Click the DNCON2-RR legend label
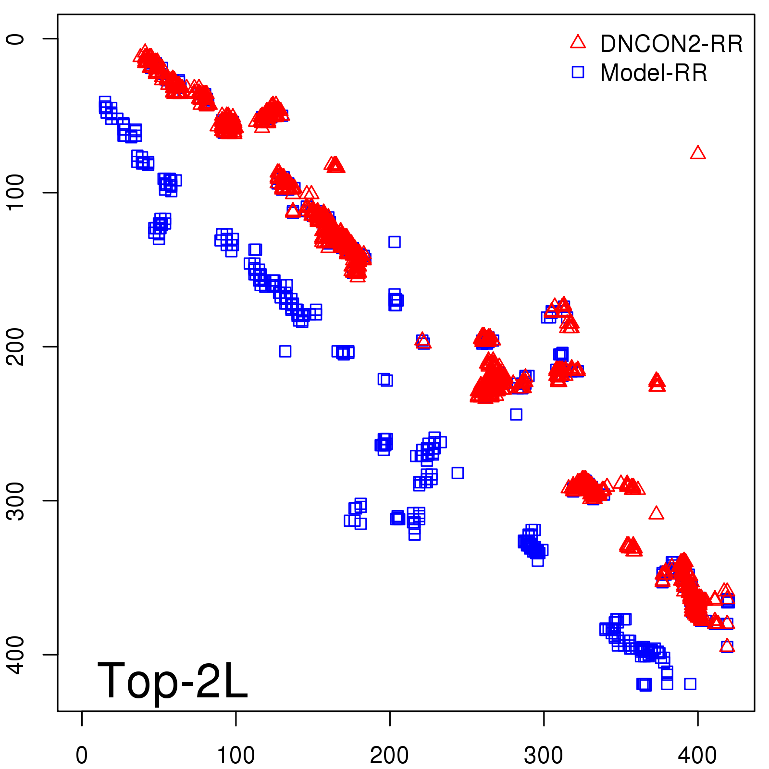coord(671,44)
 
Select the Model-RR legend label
coord(654,73)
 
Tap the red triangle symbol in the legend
coord(578,42)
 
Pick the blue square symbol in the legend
coord(578,72)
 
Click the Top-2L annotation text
coord(172,680)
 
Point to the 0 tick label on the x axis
coord(82,755)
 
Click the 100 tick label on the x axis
coord(236,755)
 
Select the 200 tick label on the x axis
coord(389,755)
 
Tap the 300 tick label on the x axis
coord(544,755)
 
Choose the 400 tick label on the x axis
coord(697,755)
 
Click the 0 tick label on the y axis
coord(16,38)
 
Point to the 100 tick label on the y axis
coord(16,192)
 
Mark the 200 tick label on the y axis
coord(16,347)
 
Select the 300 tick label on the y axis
coord(16,500)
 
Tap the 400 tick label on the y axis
coord(16,655)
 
